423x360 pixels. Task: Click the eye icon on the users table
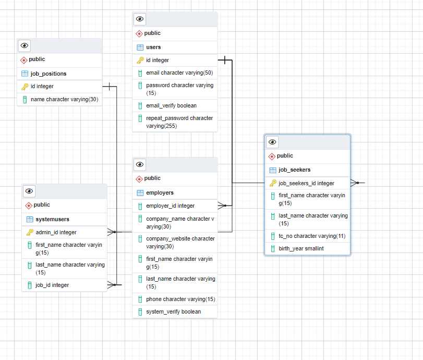point(139,19)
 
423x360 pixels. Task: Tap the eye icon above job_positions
point(25,45)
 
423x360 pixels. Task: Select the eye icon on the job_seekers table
point(272,142)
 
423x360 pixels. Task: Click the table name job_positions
point(49,74)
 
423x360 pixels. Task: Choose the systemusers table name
point(52,220)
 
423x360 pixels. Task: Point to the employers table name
point(160,193)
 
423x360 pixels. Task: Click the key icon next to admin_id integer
point(30,232)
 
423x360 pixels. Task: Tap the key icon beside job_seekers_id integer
point(273,183)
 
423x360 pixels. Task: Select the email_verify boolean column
point(171,105)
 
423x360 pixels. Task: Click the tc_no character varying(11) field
point(312,236)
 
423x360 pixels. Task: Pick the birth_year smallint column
point(301,248)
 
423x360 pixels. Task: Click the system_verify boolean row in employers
point(174,311)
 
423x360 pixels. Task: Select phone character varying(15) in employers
point(180,299)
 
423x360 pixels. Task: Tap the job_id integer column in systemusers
point(52,285)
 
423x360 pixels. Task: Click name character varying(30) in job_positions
point(65,99)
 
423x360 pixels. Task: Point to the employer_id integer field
point(170,206)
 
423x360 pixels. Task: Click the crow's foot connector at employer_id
point(222,206)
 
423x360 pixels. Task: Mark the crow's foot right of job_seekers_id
point(355,183)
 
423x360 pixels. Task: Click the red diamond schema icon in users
point(139,33)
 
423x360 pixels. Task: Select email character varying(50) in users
point(179,73)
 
